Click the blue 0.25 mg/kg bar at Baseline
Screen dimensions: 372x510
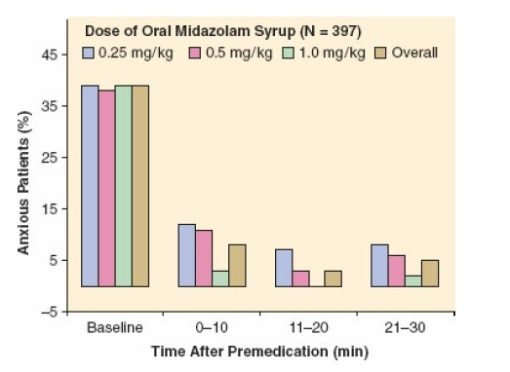(x=90, y=186)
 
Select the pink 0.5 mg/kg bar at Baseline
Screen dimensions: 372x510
(x=107, y=188)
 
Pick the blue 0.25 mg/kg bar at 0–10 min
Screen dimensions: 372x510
(x=186, y=255)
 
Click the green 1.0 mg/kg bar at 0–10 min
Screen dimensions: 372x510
(x=220, y=279)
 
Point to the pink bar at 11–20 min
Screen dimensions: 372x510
(x=300, y=279)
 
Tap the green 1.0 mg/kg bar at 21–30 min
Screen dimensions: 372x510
(x=413, y=280)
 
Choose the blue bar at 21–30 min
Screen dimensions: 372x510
(x=379, y=265)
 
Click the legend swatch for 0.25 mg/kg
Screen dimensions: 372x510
(x=89, y=52)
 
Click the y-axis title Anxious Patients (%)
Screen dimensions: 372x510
(x=20, y=185)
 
